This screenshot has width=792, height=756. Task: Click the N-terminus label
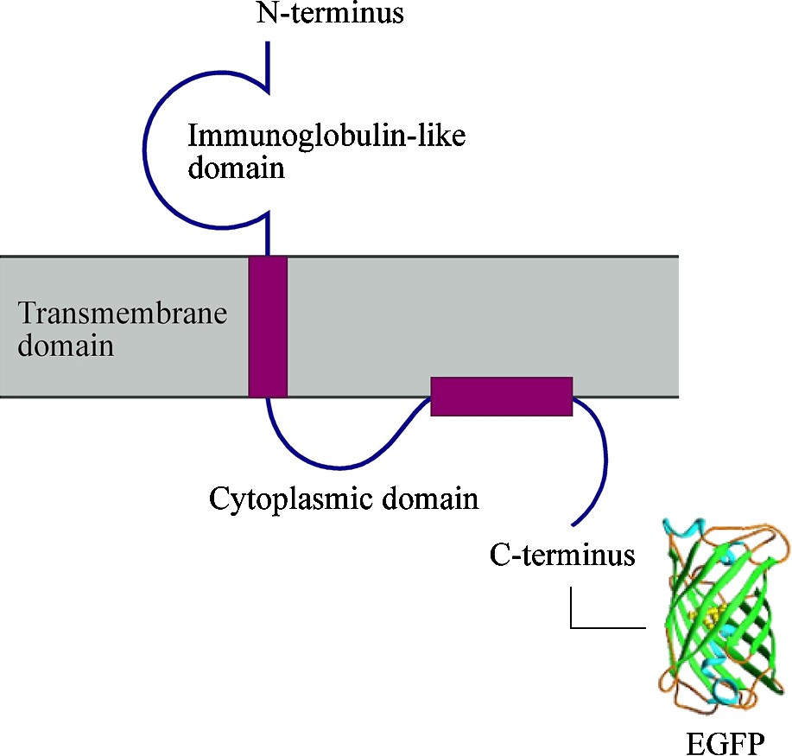tap(331, 14)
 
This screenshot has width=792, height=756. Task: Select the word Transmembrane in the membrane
tap(122, 313)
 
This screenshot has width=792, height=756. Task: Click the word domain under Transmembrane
tap(66, 346)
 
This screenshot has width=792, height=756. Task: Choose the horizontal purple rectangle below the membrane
tap(501, 397)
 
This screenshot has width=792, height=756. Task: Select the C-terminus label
tap(562, 554)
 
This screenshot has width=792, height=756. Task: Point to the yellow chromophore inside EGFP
tap(713, 615)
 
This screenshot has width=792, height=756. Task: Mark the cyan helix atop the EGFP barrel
tap(682, 528)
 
